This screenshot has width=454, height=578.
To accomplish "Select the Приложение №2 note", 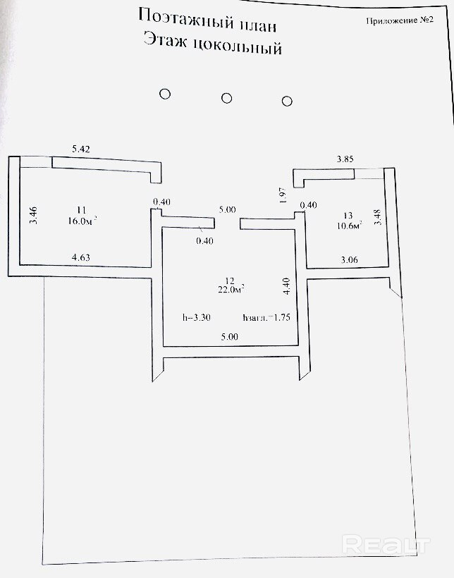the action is (x=399, y=20).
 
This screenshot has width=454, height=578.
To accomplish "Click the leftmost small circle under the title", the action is (x=165, y=94).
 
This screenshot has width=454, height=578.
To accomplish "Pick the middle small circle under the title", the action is (x=226, y=98).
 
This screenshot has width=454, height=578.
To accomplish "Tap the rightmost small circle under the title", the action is (x=287, y=101).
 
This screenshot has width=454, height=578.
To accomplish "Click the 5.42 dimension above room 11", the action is (x=82, y=149).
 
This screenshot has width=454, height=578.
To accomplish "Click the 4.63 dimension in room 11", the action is (x=79, y=259).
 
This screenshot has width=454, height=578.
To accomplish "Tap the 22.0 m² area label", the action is (x=231, y=289).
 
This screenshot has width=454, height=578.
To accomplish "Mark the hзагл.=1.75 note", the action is (x=266, y=317).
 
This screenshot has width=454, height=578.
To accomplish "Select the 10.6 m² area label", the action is (x=350, y=226).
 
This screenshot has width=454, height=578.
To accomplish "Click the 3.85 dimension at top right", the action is (x=345, y=160).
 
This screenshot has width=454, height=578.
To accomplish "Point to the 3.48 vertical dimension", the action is (x=377, y=214).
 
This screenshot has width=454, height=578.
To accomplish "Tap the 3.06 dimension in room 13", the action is (x=350, y=260).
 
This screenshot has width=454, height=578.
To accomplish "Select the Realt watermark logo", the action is (x=386, y=544).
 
